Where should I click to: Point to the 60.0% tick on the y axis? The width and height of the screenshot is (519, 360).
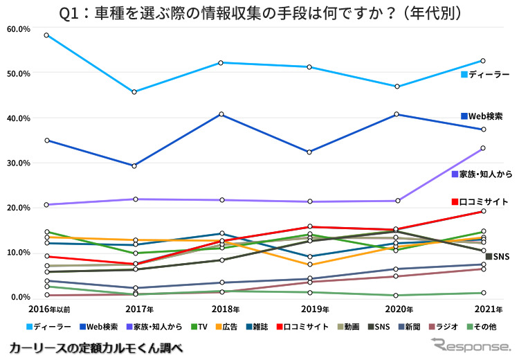tap(17, 28)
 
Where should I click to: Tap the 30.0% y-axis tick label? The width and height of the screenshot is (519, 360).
tap(17, 163)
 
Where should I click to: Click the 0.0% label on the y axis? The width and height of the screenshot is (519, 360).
tap(19, 297)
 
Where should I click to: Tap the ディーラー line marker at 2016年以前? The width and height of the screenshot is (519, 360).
tap(46, 35)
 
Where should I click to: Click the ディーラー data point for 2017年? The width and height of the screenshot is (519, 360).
tap(134, 92)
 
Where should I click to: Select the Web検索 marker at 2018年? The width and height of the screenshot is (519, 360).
tap(222, 114)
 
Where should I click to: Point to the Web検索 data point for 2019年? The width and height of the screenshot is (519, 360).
tap(310, 152)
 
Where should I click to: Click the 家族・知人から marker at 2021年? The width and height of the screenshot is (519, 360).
tap(484, 148)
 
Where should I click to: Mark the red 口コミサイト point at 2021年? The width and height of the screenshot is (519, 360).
tap(484, 211)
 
